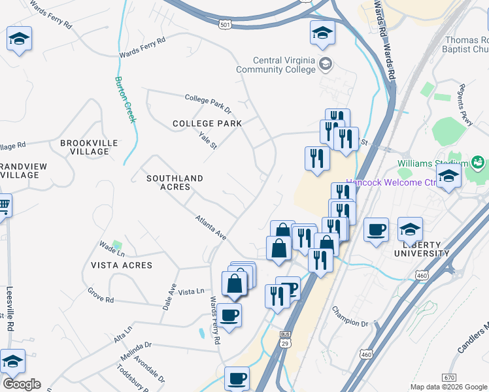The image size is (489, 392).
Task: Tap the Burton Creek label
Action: tap(126, 99)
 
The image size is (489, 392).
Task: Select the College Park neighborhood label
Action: tap(207, 123)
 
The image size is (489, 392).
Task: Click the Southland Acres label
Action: tap(175, 182)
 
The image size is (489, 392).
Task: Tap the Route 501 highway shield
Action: tap(225, 24)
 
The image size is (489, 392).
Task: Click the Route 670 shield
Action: tap(448, 377)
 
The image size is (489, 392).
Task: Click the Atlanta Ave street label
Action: tap(211, 227)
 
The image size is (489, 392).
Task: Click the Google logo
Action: tap(22, 384)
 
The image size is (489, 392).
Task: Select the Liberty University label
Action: tap(422, 248)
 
